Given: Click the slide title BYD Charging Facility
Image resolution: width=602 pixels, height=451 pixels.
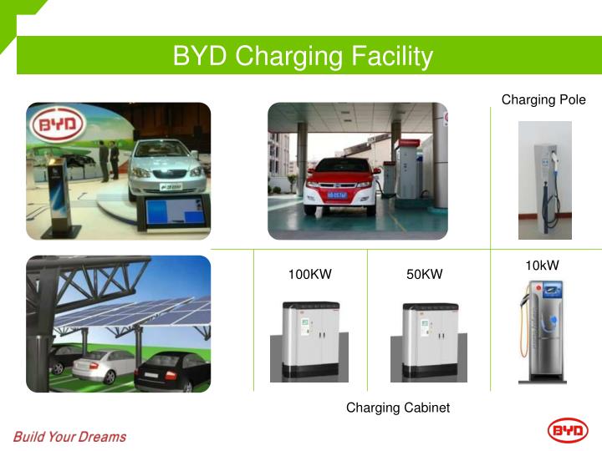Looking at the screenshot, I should click(x=303, y=56).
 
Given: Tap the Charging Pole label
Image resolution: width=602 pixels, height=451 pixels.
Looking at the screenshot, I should click(x=543, y=100).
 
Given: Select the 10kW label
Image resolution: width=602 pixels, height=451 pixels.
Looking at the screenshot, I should click(x=542, y=266).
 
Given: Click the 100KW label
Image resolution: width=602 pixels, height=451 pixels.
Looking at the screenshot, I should click(x=310, y=274).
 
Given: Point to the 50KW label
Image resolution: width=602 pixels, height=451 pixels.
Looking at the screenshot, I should click(x=425, y=274).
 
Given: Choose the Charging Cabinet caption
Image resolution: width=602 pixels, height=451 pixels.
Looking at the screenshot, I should click(x=398, y=408).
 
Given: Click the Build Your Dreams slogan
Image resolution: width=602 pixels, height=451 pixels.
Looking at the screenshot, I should click(x=69, y=436).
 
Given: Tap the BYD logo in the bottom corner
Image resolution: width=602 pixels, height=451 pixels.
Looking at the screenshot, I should click(x=568, y=431).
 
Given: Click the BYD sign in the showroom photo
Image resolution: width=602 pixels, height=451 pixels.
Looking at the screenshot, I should click(x=58, y=127).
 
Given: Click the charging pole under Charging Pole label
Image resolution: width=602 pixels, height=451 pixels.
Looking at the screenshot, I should click(x=545, y=180).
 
